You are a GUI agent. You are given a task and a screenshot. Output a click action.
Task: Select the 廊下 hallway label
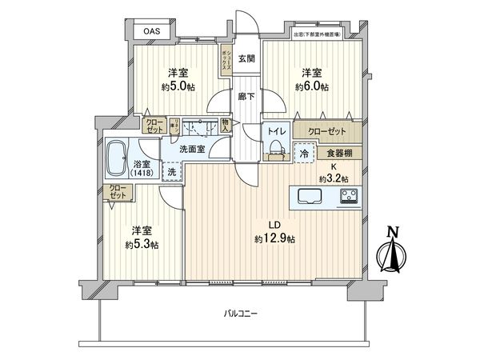point(246,97)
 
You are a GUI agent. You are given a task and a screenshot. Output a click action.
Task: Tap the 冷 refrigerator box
point(304,154)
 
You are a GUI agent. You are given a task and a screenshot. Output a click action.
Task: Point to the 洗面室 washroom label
point(192,149)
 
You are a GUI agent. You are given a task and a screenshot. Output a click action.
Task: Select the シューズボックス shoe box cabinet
point(226,60)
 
